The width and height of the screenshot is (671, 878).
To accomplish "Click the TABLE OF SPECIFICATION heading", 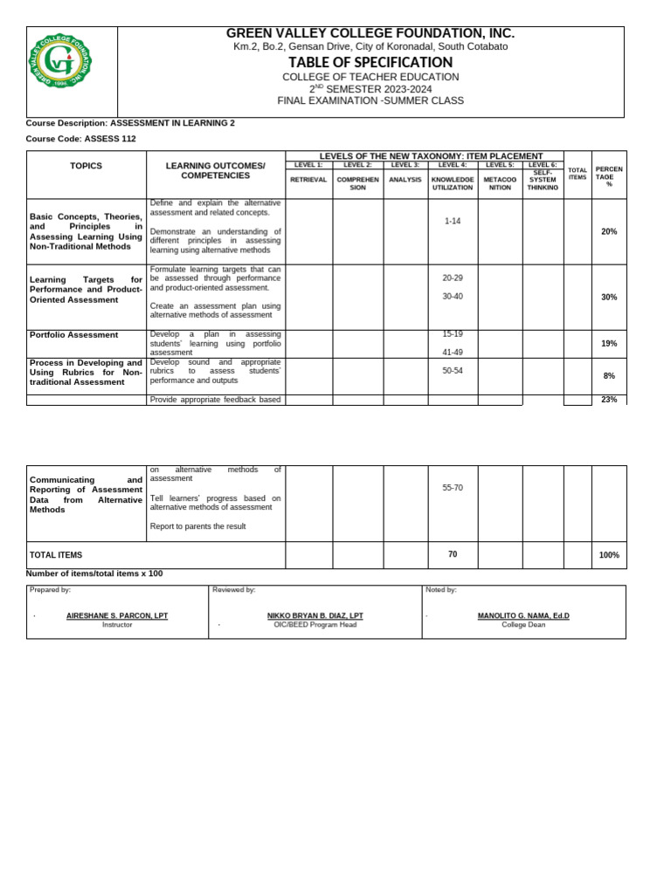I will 370,62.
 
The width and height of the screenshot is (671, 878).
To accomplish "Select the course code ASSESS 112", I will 109,139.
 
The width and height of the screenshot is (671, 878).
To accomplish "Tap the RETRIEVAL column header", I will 308,180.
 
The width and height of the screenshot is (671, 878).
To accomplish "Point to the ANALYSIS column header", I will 405,180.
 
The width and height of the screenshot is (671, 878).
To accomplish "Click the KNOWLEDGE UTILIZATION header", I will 453,183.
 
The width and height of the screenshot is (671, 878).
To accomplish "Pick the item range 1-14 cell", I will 453,222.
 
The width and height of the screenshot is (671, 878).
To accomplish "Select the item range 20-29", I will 453,278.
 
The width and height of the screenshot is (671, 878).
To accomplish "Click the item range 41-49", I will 453,353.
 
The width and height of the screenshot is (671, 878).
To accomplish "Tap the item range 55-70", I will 453,488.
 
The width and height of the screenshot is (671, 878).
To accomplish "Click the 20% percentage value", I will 609,231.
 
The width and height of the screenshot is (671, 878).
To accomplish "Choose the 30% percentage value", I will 609,298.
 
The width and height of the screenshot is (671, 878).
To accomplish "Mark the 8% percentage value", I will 609,376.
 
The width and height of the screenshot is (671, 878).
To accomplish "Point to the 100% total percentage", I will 609,555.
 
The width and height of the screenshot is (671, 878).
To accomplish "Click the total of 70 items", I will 453,554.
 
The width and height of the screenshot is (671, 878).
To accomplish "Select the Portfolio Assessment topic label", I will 73,335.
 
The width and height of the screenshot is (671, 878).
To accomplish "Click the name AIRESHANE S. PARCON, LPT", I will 117,616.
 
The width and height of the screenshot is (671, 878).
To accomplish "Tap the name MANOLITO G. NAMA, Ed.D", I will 523,616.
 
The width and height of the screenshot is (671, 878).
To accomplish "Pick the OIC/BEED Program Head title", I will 315,625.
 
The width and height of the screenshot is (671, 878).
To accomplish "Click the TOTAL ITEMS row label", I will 56,555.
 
